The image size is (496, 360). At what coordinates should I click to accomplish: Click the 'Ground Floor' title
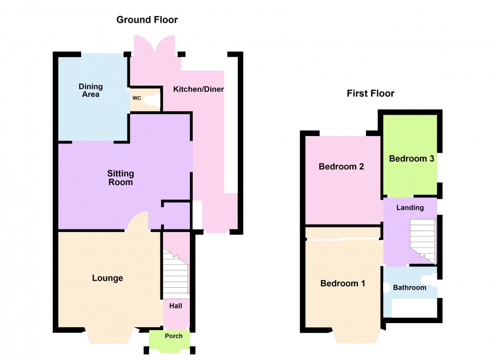pyautogui.click(x=147, y=20)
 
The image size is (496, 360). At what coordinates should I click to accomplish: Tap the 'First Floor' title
pyautogui.click(x=370, y=94)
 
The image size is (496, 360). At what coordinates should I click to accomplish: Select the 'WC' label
pyautogui.click(x=137, y=98)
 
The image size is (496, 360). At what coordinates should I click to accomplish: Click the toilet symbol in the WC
pyautogui.click(x=150, y=101)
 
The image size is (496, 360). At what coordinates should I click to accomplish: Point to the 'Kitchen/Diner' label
pyautogui.click(x=198, y=89)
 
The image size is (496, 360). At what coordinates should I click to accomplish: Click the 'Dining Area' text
pyautogui.click(x=89, y=91)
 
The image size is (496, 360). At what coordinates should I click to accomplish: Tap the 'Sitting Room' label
pyautogui.click(x=120, y=178)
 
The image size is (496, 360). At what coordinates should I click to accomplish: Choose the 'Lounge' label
pyautogui.click(x=107, y=278)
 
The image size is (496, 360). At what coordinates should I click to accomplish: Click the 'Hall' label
pyautogui.click(x=176, y=306)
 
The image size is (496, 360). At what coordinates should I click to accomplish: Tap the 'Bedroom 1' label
pyautogui.click(x=343, y=284)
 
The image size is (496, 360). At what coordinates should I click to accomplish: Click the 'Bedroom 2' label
pyautogui.click(x=342, y=167)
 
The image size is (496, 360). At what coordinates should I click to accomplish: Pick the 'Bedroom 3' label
pyautogui.click(x=411, y=159)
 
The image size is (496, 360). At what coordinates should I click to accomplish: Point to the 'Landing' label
pyautogui.click(x=409, y=208)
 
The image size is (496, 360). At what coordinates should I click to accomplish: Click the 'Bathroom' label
pyautogui.click(x=409, y=288)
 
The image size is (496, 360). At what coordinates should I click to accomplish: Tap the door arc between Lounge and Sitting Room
pyautogui.click(x=138, y=221)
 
